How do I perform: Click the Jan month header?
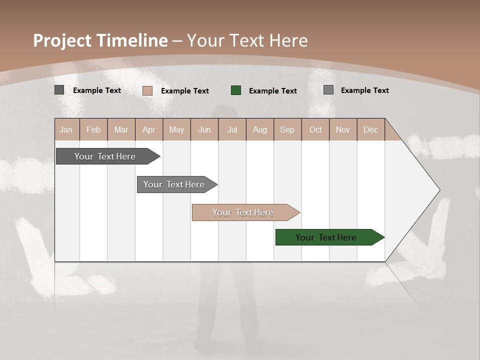pyautogui.click(x=66, y=129)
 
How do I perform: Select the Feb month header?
pyautogui.click(x=93, y=129)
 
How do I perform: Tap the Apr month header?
pyautogui.click(x=148, y=129)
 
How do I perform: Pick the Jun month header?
pyautogui.click(x=204, y=129)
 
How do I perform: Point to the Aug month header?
pyautogui.click(x=259, y=129)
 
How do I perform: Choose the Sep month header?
pyautogui.click(x=287, y=129)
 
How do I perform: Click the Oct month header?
pyautogui.click(x=315, y=129)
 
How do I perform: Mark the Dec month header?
pyautogui.click(x=370, y=129)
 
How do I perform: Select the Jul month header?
pyautogui.click(x=232, y=129)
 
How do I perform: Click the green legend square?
pyautogui.click(x=236, y=90)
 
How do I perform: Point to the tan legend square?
pyautogui.click(x=147, y=90)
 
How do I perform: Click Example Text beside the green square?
pyautogui.click(x=272, y=91)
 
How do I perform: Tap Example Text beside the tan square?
pyautogui.click(x=184, y=91)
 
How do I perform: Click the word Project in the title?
pyautogui.click(x=62, y=40)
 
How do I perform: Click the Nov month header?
pyautogui.click(x=343, y=129)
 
